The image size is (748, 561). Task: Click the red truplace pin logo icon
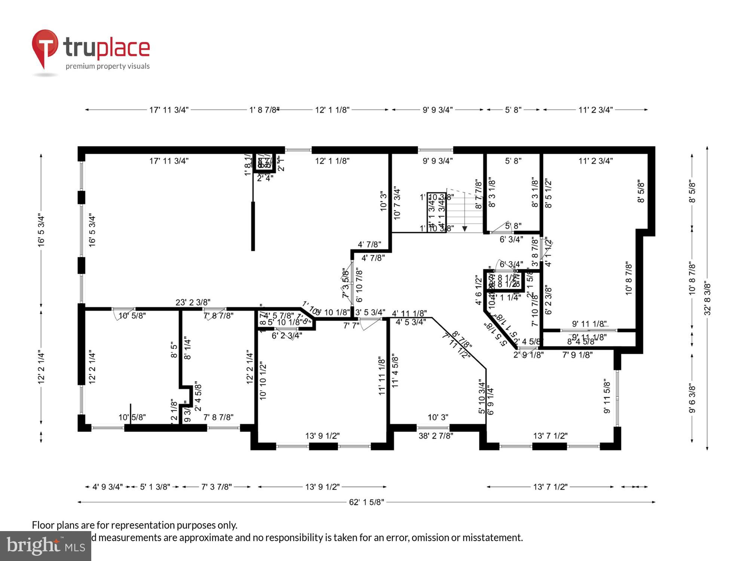coord(45,47)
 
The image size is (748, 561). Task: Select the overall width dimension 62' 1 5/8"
coord(366,502)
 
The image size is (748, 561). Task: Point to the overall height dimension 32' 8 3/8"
coord(707,298)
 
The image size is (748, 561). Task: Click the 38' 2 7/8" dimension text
coord(436,436)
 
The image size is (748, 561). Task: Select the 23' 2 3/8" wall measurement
coord(193,302)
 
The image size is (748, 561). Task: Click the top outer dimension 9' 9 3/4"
coord(438,110)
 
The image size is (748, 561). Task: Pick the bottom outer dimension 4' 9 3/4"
coord(107,487)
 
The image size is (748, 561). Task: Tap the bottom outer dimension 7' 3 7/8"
coord(216,487)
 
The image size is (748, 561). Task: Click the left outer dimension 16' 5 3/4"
coord(41,230)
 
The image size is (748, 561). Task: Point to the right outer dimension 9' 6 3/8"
coord(692,399)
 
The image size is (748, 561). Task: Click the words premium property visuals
coord(108,66)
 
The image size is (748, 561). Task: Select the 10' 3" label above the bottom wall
coord(438,417)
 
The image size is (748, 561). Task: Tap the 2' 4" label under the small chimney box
coord(265,178)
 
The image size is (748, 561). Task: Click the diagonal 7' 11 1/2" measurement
coord(456,346)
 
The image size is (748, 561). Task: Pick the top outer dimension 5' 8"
coord(513,110)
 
